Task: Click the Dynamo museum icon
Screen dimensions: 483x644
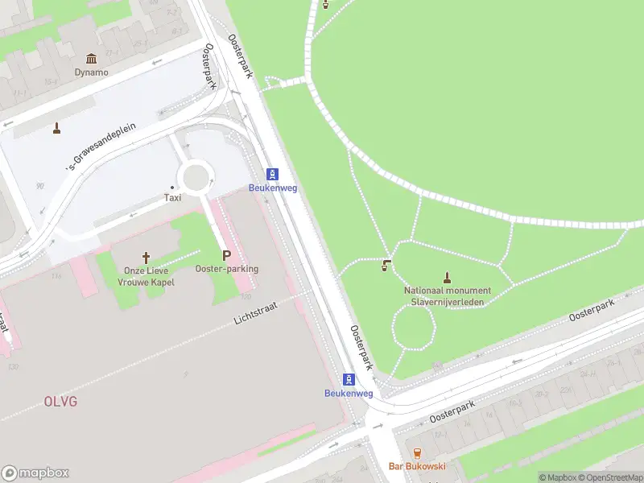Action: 91,59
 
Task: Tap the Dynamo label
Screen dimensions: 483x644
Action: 91,72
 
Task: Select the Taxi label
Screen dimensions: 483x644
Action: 172,197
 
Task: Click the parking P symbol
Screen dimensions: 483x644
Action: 226,254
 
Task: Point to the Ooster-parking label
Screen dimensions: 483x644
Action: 226,269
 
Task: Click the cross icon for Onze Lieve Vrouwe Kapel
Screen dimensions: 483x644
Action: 146,258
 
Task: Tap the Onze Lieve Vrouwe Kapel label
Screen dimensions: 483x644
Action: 146,276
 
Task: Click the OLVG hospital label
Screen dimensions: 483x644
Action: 60,400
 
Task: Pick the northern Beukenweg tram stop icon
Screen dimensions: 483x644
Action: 273,174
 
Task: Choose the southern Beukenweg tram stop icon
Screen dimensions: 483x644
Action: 349,379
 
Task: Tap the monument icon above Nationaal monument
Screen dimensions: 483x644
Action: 448,277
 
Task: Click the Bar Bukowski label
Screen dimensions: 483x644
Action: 417,467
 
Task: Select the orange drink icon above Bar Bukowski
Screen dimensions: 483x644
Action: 417,453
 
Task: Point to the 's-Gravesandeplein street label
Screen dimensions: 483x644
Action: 101,147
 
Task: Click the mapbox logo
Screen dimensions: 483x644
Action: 35,473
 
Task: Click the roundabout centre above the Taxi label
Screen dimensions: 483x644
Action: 196,175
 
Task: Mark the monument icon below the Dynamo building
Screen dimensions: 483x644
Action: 57,127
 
